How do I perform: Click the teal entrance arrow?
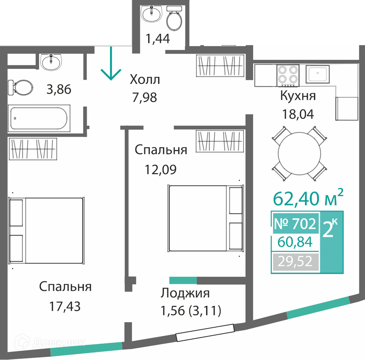[x=111, y=63]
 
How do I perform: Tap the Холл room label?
[x=145, y=79]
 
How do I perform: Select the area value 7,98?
[x=144, y=97]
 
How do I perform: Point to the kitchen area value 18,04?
[x=298, y=114]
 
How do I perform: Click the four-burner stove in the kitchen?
[x=288, y=76]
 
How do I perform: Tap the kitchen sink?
[x=318, y=74]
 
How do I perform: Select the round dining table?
[x=299, y=154]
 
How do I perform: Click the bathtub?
[x=39, y=118]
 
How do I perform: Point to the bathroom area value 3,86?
[x=59, y=89]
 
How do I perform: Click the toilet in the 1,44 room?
[x=174, y=18]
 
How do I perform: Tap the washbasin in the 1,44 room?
[x=152, y=14]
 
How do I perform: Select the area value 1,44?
[x=158, y=38]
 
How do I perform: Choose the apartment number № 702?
[x=295, y=223]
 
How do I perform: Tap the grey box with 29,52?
[x=295, y=261]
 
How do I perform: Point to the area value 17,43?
[x=65, y=306]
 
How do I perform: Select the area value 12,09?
[x=160, y=169]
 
